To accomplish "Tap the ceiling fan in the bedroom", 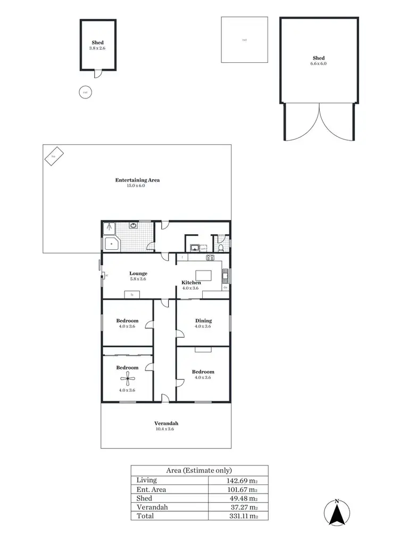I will click(x=127, y=379).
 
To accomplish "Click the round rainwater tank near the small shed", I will click(x=84, y=92).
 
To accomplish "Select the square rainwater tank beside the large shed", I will click(x=244, y=40).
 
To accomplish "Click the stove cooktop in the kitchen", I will click(x=210, y=258).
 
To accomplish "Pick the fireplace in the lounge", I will click(x=131, y=294).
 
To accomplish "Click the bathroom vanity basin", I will click(x=133, y=226).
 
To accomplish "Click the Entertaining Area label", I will click(x=137, y=180).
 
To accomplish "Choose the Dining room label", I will click(x=203, y=321).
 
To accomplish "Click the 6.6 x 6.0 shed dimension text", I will click(x=319, y=63).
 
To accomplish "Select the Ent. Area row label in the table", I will click(x=152, y=489).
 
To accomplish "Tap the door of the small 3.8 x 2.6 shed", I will click(x=97, y=73).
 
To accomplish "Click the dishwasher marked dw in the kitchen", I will click(x=226, y=288).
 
